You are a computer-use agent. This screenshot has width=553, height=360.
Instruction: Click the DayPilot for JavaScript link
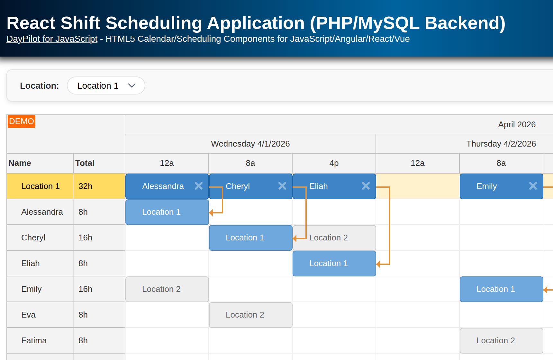pos(52,39)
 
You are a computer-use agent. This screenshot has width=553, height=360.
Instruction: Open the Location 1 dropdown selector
pos(106,86)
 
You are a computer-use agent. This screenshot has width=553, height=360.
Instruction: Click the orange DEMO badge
pos(21,122)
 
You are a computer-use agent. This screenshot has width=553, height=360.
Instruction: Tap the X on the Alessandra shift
pos(199,186)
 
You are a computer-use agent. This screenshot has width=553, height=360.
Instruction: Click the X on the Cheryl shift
pos(282,186)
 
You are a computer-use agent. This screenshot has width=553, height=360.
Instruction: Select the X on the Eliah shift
pos(366,186)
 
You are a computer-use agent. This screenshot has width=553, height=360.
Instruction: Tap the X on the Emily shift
pos(533,186)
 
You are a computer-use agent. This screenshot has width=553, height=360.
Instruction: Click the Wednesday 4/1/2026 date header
pos(250,144)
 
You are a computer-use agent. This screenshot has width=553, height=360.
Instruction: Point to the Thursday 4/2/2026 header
pos(501,144)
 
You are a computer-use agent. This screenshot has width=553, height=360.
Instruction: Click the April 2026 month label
pos(516,124)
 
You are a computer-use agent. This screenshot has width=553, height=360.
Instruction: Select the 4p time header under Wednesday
pos(334,163)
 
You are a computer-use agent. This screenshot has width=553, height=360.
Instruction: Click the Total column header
pos(85,163)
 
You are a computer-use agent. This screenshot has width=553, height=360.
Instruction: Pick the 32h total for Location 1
pos(86,186)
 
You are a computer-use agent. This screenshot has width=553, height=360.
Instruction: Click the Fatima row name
pos(34,340)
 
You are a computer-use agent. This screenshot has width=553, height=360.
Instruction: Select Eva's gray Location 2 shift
pos(250,315)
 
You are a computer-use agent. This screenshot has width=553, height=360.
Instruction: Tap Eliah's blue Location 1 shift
pos(334,264)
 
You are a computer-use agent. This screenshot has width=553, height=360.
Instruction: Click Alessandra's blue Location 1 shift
pos(167,212)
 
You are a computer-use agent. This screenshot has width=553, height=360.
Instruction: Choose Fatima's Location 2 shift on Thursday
pos(501,341)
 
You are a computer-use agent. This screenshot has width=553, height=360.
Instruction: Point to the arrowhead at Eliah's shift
pos(378,264)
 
